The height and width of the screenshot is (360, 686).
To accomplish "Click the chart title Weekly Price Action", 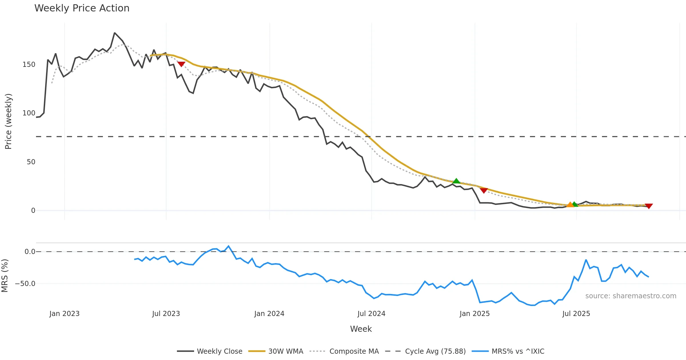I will (82, 8).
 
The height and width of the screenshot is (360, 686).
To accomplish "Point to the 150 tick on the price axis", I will (29, 65).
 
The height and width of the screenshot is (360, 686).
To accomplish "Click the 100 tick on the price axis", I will (29, 113).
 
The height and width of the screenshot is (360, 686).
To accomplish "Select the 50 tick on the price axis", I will (31, 162).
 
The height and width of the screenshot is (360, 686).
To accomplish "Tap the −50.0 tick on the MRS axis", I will (25, 284).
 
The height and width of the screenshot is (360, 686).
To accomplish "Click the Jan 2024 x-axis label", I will (269, 314).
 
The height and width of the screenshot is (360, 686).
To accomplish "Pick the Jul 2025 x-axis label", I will (576, 314).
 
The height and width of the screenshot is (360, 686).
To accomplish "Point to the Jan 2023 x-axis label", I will (64, 314).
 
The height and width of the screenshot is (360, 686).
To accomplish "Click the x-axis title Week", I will (361, 329).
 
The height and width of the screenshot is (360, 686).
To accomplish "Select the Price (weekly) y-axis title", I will (9, 121).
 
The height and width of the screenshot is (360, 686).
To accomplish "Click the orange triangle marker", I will (570, 205).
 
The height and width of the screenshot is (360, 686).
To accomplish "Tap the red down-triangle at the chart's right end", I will (649, 206).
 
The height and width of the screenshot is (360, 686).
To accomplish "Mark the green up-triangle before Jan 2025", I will (456, 181).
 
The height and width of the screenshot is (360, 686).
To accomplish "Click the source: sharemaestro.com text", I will (631, 296).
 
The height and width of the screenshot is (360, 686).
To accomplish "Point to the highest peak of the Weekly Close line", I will (115, 33).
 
